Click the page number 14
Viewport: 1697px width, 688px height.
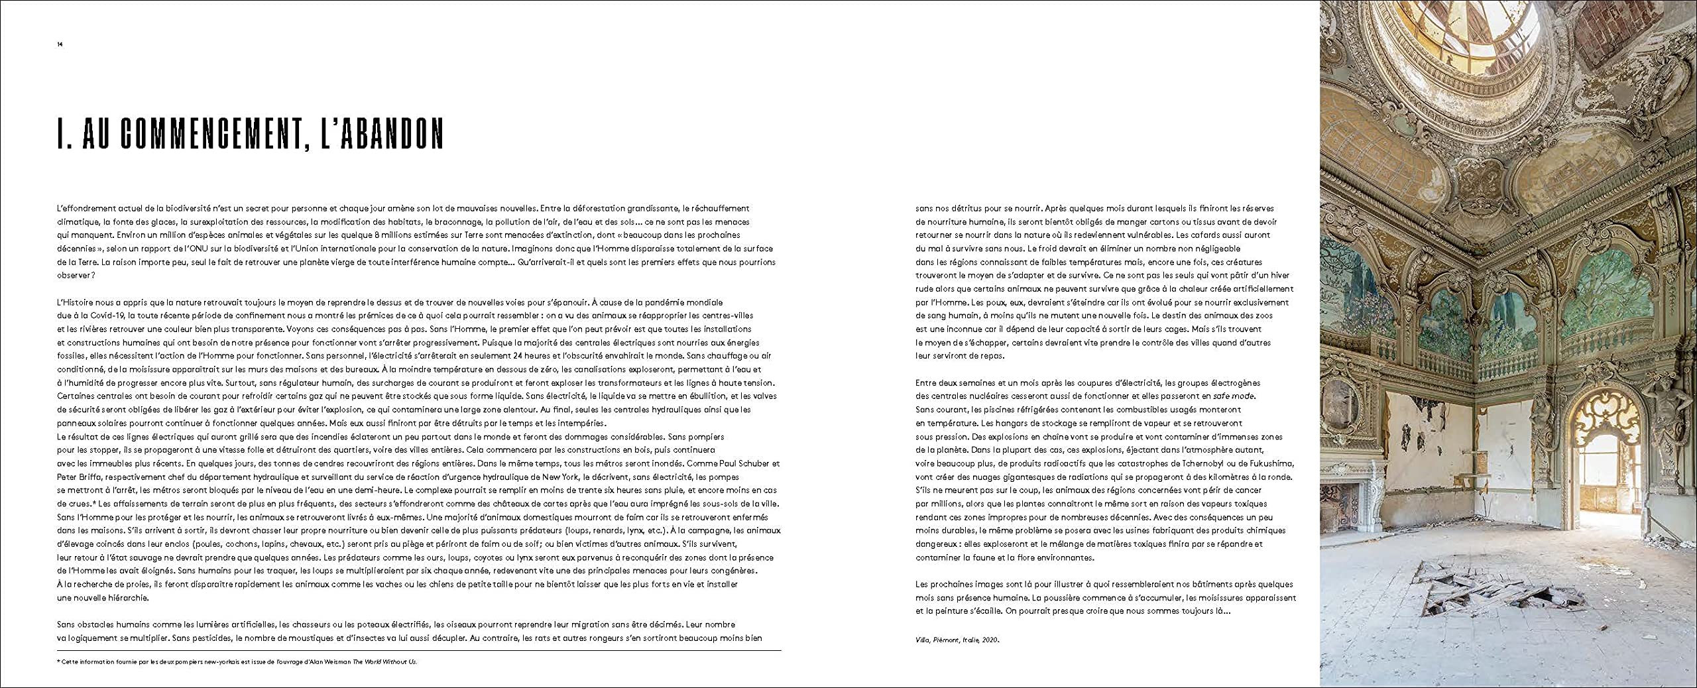60,44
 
